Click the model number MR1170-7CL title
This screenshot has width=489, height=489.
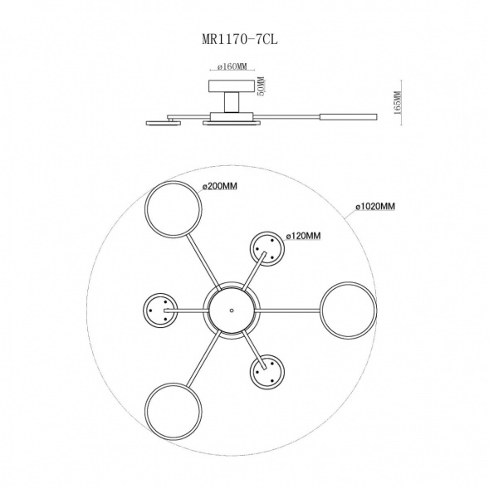(x=239, y=40)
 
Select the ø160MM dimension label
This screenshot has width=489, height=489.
(x=232, y=66)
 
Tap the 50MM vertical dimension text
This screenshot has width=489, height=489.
(x=261, y=86)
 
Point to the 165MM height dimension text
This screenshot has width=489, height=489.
(x=397, y=103)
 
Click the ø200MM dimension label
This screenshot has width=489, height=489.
(x=219, y=186)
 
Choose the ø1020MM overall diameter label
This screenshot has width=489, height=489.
(x=375, y=206)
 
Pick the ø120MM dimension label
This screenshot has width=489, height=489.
(x=303, y=236)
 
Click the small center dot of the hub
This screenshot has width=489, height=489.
(x=232, y=311)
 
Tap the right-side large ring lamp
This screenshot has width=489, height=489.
(x=321, y=311)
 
